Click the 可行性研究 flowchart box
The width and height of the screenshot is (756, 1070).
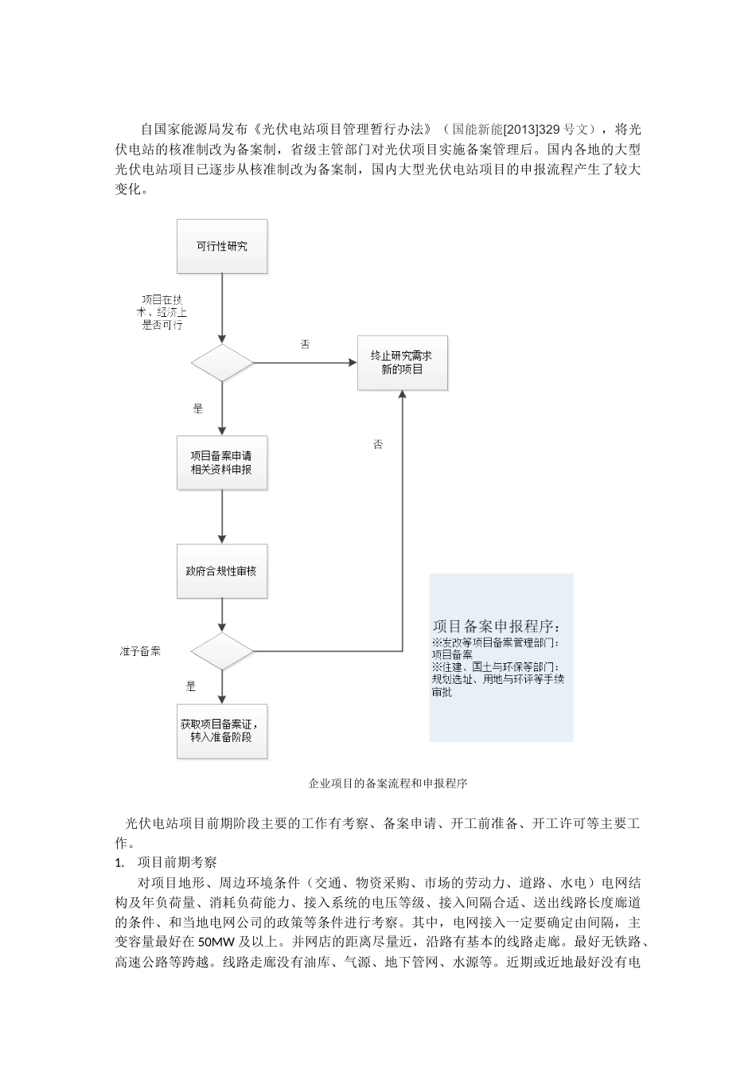pos(222,247)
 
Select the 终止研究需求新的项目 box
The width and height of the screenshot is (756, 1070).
pos(402,363)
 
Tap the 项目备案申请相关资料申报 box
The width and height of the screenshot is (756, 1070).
pos(222,463)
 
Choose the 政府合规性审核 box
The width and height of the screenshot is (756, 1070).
pos(222,572)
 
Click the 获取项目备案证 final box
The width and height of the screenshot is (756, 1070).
pos(222,731)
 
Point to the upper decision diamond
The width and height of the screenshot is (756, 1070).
pos(222,363)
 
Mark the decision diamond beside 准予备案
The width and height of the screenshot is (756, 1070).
pos(222,651)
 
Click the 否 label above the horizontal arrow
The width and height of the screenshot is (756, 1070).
pos(305,345)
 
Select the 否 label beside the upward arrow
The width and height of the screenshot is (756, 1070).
pos(378,444)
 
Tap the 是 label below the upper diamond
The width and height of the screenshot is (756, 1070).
pos(198,408)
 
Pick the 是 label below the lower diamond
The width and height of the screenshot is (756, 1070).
pos(191,685)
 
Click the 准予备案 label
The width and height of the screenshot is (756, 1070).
pos(140,651)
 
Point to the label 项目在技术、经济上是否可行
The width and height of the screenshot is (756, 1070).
pos(162,312)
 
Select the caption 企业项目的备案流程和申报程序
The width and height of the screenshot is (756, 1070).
pos(388,783)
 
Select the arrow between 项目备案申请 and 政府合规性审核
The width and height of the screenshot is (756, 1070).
pos(222,517)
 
